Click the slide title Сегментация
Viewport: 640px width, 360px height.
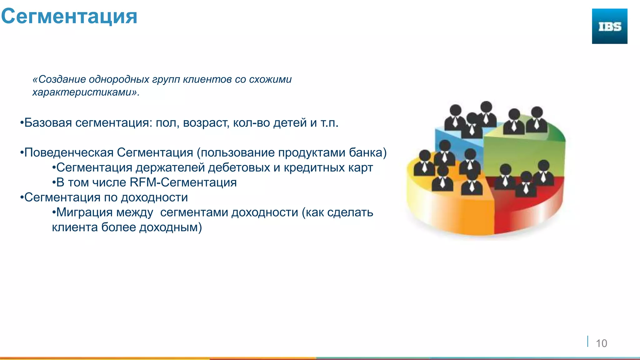coord(69,16)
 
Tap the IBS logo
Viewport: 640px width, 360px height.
coord(609,26)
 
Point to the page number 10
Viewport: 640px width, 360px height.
coord(601,343)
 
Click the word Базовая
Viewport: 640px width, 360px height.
coord(48,123)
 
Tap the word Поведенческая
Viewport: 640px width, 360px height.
coord(69,153)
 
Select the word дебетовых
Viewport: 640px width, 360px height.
coord(239,168)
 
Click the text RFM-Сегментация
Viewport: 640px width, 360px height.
coord(183,182)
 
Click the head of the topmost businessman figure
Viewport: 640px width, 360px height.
coord(486,107)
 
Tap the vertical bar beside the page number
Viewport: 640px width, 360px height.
coord(588,341)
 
